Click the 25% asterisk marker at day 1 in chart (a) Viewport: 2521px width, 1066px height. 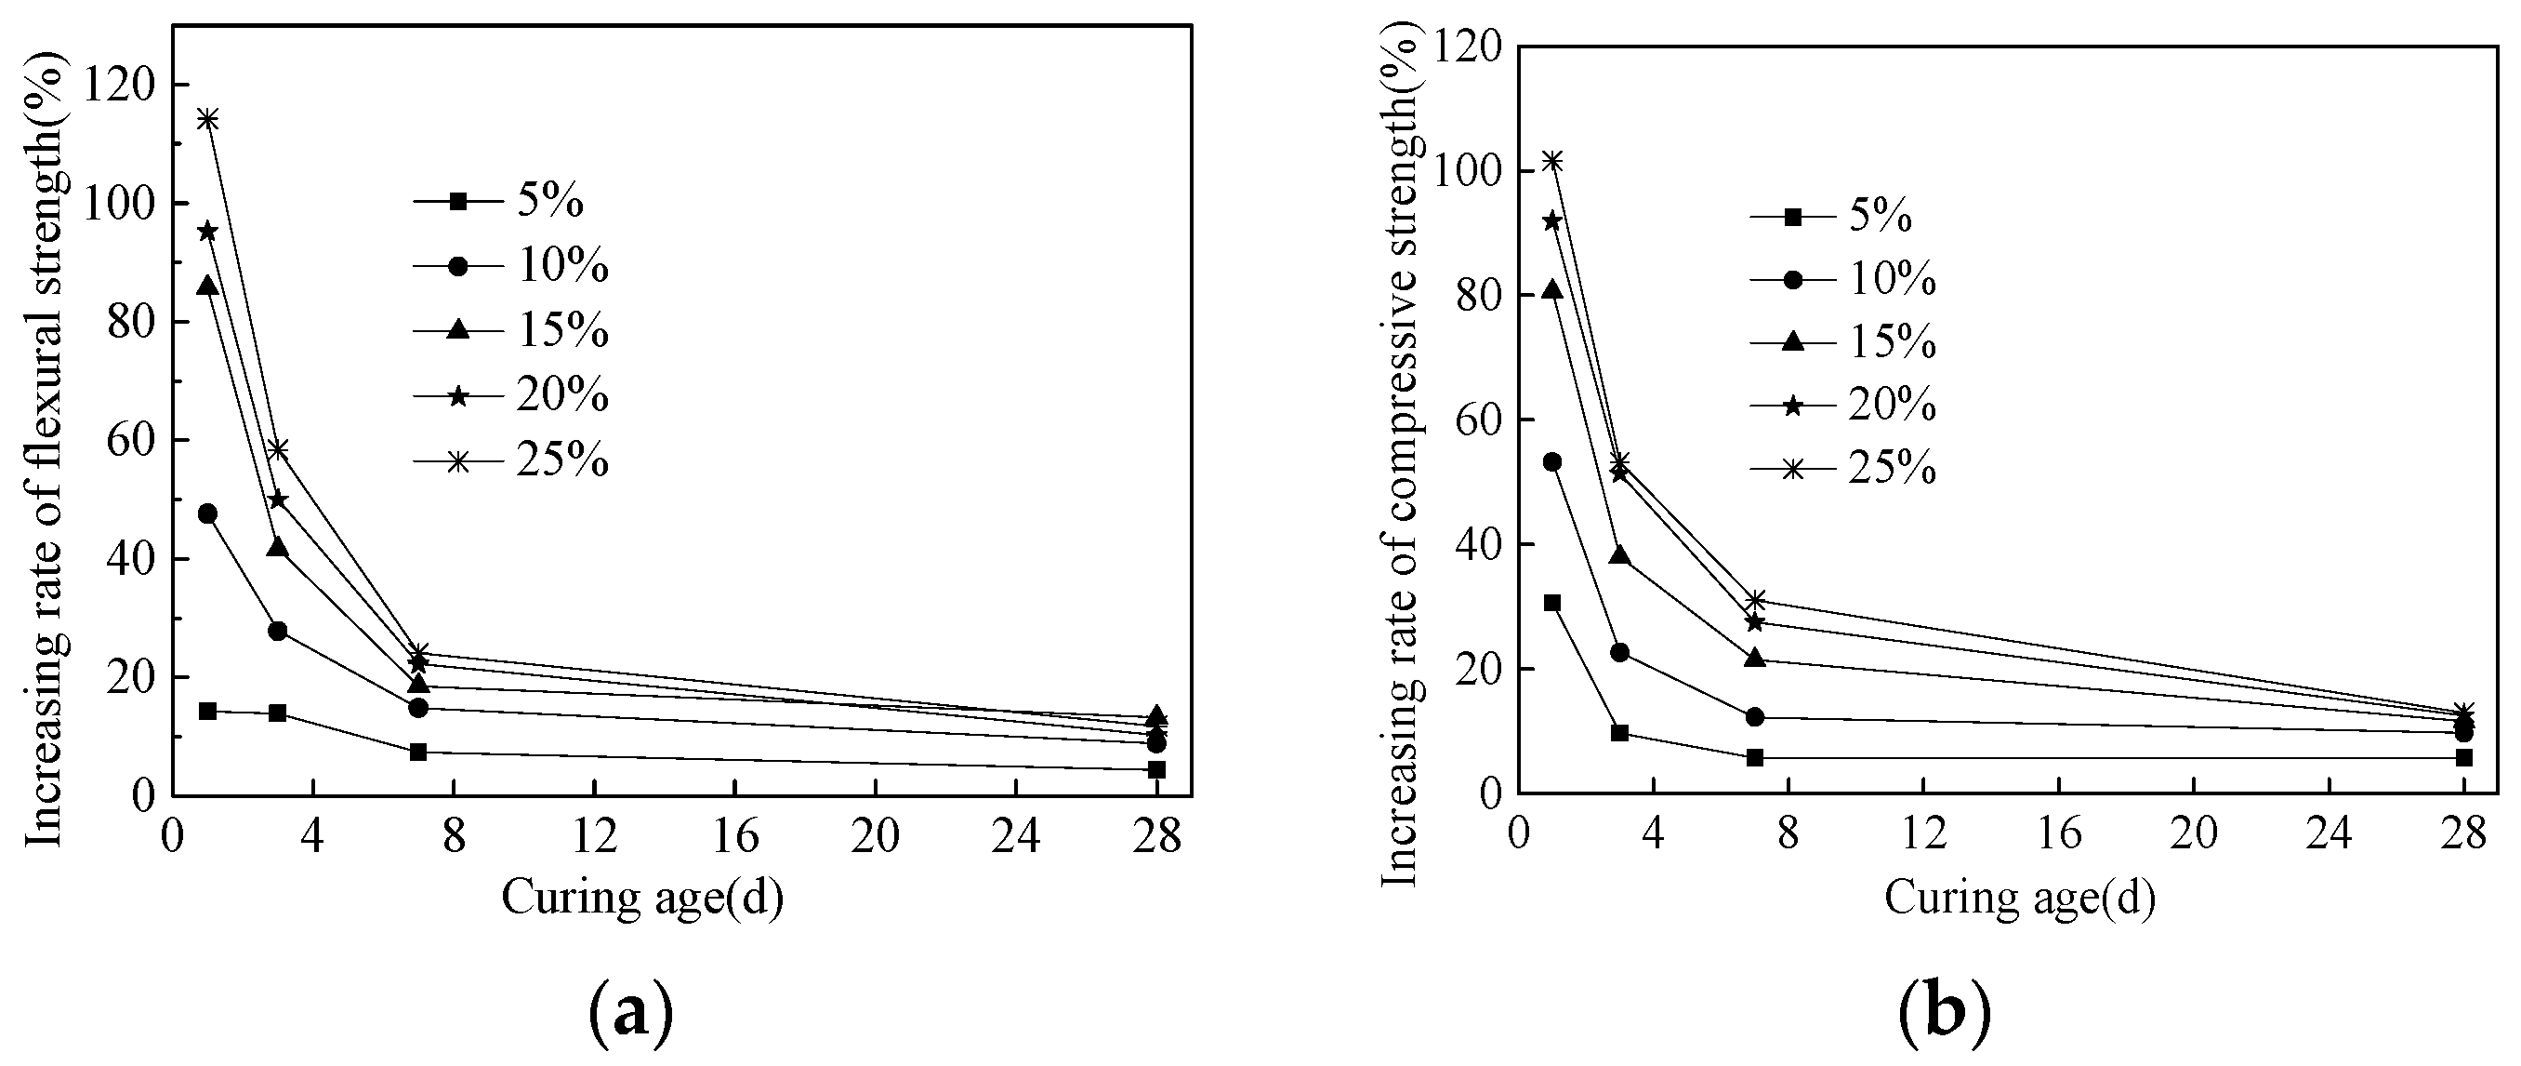click(x=207, y=119)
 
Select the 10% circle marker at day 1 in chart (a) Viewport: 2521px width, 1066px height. click(x=207, y=513)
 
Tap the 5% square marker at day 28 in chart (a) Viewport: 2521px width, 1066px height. click(x=1156, y=769)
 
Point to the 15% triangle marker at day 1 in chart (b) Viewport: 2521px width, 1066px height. click(x=1552, y=289)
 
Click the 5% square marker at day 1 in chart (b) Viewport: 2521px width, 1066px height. click(x=1552, y=603)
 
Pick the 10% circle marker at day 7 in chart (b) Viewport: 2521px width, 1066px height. click(x=1755, y=717)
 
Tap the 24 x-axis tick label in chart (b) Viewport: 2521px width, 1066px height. click(x=2329, y=835)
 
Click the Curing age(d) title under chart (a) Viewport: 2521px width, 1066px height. click(x=643, y=898)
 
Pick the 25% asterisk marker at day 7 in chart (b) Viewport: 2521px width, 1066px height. click(x=1755, y=600)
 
